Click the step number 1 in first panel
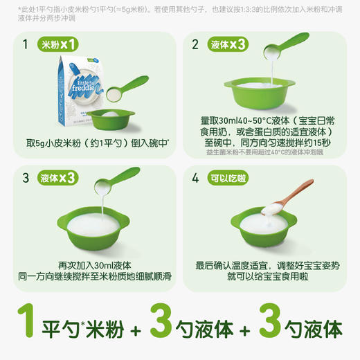26,46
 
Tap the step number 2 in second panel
195,46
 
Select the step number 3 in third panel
26,177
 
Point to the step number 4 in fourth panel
195,177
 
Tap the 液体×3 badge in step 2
229,46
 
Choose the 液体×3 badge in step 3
60,177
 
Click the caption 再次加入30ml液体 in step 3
94,265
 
